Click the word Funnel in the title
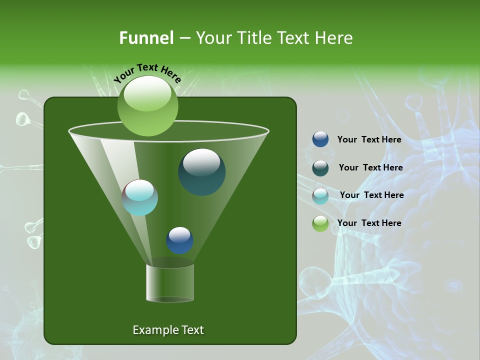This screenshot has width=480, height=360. click(146, 38)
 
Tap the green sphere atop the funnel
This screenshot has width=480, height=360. click(147, 106)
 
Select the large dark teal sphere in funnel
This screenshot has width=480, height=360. click(201, 172)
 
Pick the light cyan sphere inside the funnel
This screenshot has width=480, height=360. click(140, 197)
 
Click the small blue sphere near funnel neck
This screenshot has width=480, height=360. click(179, 240)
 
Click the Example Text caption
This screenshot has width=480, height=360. click(168, 330)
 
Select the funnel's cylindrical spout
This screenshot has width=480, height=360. click(170, 282)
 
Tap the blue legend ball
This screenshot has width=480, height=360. click(320, 139)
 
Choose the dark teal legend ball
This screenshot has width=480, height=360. click(320, 168)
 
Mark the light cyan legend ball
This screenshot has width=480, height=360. click(320, 196)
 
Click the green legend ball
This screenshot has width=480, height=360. click(320, 223)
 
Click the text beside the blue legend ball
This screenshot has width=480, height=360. click(369, 140)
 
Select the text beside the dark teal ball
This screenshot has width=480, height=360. click(370, 168)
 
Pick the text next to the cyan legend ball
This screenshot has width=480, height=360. click(371, 195)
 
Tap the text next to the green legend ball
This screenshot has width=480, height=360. click(369, 223)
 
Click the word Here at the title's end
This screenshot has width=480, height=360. click(334, 38)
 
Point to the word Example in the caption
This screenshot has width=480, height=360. click(154, 330)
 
